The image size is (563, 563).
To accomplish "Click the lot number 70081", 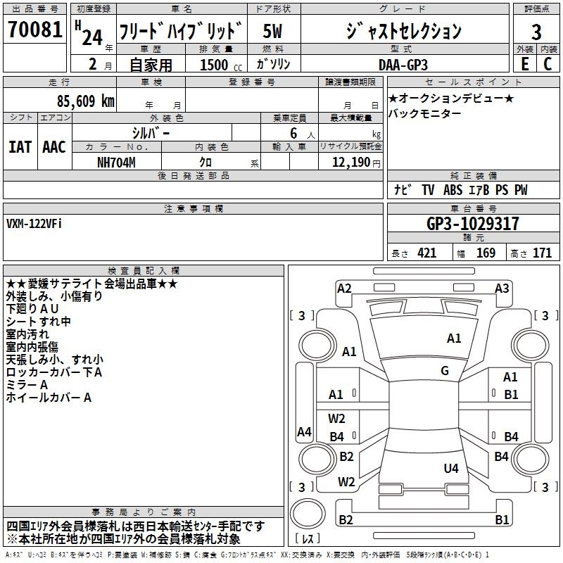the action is (x=34, y=29).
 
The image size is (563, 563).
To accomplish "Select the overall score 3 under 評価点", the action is (x=536, y=32).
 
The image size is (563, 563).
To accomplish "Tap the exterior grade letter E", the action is (x=524, y=64).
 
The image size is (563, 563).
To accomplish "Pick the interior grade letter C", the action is (x=548, y=64).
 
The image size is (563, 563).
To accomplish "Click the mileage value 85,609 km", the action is (x=86, y=101).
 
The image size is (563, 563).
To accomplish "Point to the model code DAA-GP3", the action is (x=403, y=65).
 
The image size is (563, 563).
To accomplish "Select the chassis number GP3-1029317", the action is (x=472, y=224).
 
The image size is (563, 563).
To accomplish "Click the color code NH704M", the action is (x=116, y=163).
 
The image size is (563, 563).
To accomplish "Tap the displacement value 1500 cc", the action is (x=221, y=65).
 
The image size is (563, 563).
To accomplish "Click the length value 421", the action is (x=427, y=253).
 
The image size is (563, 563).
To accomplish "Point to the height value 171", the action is (x=542, y=253).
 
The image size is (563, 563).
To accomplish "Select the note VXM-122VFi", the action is (x=34, y=224).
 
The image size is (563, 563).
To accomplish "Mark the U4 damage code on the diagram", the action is (x=451, y=468).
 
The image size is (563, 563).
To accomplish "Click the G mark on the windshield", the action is (x=445, y=370).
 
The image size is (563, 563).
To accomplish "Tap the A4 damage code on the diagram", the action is (x=304, y=431).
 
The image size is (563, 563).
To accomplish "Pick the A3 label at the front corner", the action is (x=502, y=289).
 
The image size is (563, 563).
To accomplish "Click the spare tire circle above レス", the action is (x=308, y=513).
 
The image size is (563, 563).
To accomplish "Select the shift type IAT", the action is (x=20, y=147).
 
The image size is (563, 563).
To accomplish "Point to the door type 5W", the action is (x=272, y=31).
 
